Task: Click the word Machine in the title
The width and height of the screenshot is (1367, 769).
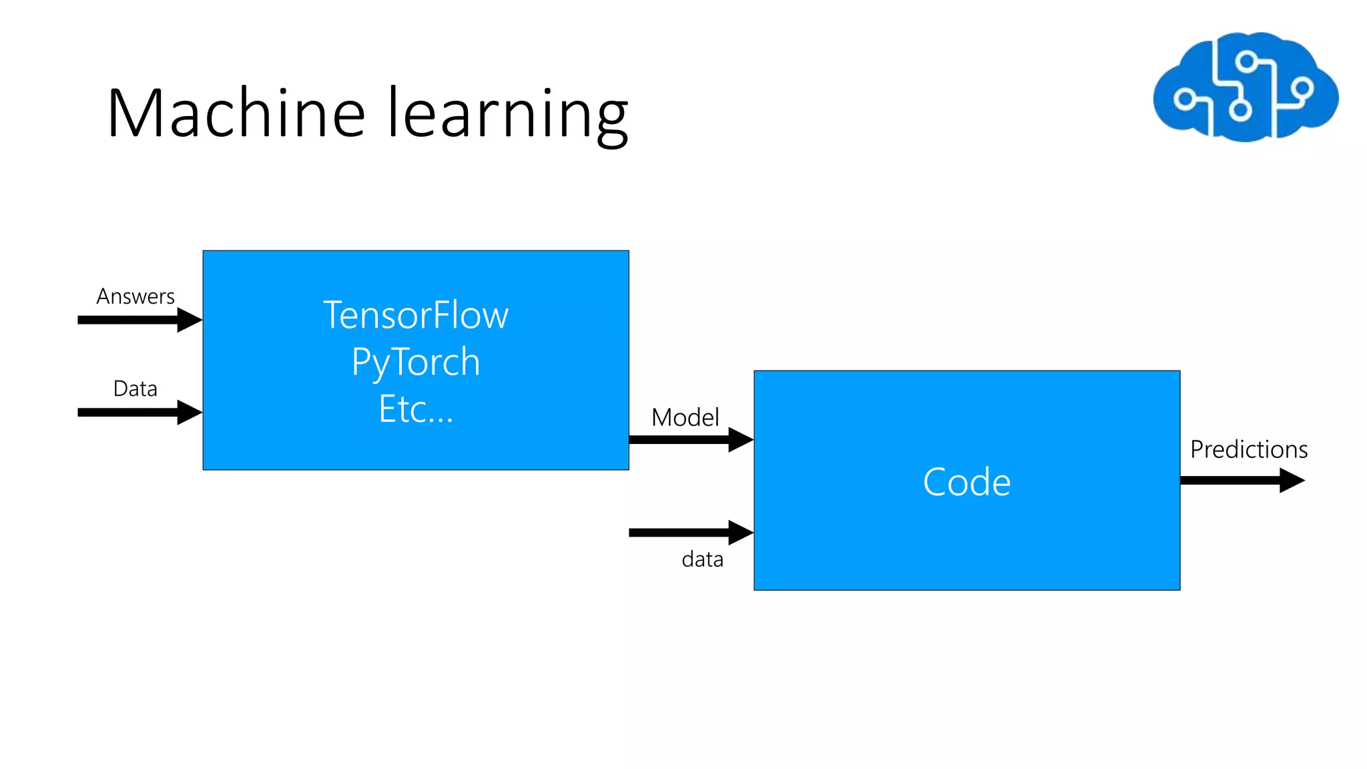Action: pos(236,113)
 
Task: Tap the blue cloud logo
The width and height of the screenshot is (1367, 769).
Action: pos(1246,87)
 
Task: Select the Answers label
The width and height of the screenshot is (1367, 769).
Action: pos(135,296)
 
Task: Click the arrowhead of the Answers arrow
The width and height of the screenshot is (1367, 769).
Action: pos(190,320)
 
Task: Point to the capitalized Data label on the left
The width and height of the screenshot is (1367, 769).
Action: pos(135,389)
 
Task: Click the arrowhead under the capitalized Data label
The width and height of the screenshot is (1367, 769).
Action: pos(190,413)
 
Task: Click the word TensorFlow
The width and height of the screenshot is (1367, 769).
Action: pos(416,315)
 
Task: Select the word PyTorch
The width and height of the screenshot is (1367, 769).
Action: pos(416,362)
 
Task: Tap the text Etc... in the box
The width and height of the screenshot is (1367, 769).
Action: pos(416,409)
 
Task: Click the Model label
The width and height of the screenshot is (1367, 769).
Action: pos(685,418)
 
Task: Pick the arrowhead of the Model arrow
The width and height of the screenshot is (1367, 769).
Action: pos(741,439)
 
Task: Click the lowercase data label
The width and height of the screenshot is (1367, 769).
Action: pos(702,559)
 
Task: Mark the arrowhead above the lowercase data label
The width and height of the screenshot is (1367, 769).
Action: pos(741,532)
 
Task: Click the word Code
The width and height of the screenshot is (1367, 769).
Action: pos(967,482)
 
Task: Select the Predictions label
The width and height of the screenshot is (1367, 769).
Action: pos(1248,449)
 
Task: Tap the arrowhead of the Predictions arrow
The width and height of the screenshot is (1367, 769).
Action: pos(1292,480)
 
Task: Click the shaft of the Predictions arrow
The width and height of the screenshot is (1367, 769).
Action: pos(1228,480)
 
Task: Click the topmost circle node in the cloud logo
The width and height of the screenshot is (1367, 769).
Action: pos(1246,63)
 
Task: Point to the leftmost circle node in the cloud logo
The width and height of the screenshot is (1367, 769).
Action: pos(1185,100)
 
